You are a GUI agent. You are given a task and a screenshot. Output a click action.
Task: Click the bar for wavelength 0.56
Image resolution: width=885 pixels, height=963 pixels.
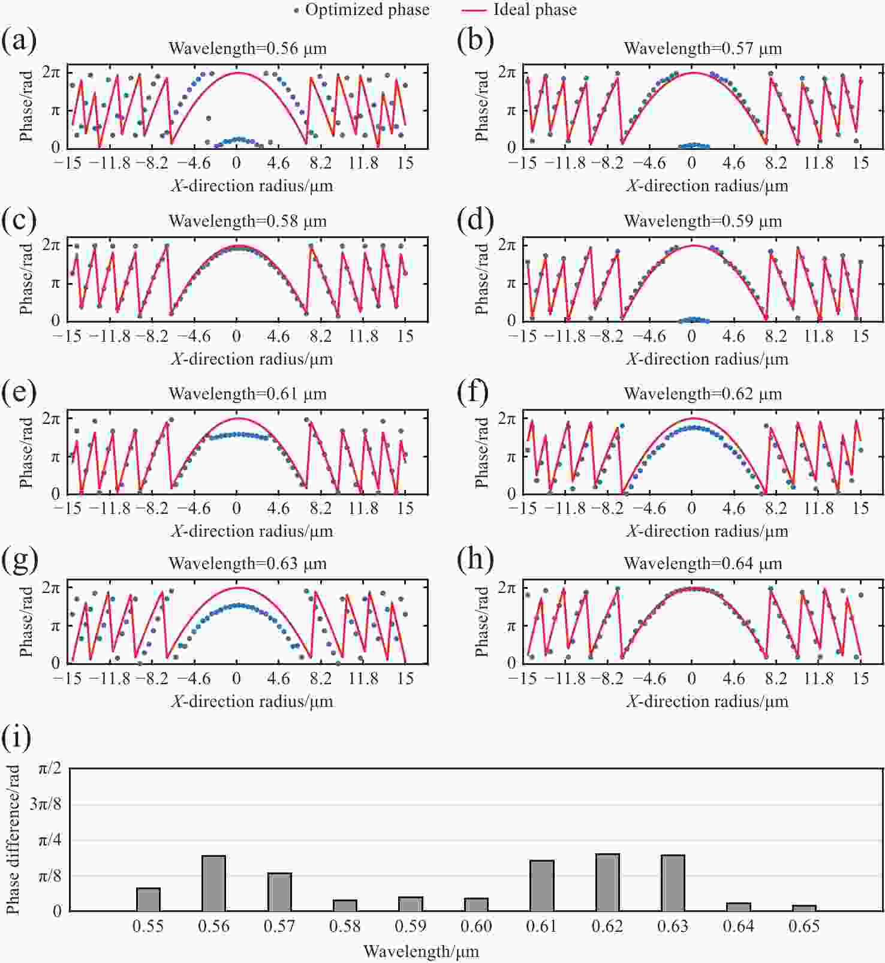213,883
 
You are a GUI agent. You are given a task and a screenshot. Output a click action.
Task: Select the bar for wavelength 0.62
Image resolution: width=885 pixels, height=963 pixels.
607,882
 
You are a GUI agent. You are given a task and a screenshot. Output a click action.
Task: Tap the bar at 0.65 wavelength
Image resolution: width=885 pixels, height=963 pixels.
804,908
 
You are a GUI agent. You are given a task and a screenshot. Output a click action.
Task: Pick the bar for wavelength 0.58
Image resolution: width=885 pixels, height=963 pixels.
345,905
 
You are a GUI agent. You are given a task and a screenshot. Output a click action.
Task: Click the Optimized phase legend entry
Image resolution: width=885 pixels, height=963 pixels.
362,10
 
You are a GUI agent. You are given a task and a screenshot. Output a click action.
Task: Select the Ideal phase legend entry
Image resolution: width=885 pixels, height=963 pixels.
520,10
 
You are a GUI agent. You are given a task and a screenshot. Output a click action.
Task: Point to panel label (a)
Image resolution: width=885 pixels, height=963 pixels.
19,41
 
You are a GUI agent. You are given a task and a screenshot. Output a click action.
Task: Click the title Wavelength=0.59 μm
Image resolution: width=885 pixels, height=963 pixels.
703,221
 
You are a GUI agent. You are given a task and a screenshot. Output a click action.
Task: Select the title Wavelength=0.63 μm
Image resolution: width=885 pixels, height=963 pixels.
248,564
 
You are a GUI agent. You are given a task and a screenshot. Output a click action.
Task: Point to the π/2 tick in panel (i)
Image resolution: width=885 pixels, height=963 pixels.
50,769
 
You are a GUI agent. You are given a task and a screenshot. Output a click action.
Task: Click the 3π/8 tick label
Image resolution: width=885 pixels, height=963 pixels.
46,804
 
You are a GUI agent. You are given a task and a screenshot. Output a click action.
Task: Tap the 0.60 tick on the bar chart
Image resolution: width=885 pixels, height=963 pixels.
476,926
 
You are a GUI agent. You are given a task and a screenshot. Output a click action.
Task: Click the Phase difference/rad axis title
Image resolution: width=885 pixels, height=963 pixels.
13,839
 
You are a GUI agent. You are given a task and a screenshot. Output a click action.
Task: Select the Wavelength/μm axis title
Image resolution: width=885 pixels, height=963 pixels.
421,952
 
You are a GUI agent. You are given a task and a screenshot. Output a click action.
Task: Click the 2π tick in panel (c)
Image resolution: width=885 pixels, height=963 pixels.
51,245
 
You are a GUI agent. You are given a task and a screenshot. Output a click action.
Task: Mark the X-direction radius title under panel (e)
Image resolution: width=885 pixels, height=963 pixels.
252,531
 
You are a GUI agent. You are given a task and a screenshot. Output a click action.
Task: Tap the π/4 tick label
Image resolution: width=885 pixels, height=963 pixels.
50,840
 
